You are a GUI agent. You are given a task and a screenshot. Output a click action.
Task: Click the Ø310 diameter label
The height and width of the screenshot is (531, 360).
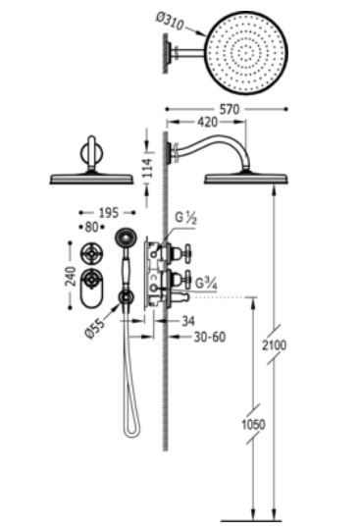click(170, 21)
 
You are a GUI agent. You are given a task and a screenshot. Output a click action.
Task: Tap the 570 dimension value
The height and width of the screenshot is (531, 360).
click(230, 109)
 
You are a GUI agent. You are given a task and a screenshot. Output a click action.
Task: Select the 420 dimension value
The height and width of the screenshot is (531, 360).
click(207, 122)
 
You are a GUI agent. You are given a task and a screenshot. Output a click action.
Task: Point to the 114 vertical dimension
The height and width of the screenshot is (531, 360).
click(147, 168)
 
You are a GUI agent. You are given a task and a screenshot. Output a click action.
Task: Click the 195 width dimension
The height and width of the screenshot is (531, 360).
click(109, 213)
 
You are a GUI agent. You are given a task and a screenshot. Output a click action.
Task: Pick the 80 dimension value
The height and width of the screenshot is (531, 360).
click(91, 227)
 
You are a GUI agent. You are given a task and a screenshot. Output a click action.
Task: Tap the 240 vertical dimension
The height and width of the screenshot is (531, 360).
click(71, 276)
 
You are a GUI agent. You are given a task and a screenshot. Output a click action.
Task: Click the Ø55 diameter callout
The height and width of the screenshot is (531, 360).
click(95, 328)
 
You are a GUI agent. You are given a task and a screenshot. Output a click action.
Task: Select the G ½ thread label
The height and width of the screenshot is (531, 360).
click(185, 219)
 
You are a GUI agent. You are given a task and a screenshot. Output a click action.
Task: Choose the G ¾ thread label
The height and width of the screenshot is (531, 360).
click(206, 284)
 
